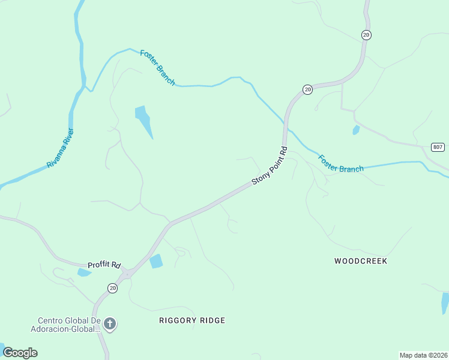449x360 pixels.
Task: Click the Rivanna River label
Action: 60,148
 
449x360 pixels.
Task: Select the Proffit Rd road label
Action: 104,265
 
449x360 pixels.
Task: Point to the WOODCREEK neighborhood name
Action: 360,261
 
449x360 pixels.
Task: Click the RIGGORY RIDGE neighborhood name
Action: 192,320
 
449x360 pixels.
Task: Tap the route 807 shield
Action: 438,147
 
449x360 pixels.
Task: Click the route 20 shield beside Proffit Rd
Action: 112,289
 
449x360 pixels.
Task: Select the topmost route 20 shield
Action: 366,35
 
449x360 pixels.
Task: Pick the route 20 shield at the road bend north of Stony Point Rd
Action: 307,89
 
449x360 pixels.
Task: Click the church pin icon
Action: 109,324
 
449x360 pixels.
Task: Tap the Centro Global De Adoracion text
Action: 67,325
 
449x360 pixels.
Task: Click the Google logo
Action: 20,352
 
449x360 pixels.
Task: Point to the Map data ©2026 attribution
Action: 423,355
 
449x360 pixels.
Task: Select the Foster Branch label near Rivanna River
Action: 157,67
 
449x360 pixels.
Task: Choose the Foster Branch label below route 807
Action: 340,164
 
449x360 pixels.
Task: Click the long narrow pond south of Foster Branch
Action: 144,118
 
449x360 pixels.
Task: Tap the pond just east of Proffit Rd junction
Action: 156,261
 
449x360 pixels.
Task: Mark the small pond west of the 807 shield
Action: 356,130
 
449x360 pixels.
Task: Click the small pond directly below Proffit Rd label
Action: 84,272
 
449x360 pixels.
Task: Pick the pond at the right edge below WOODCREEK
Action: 445,303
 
